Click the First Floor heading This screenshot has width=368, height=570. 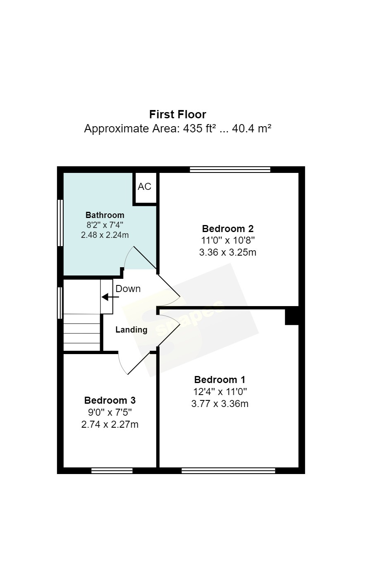click(x=177, y=115)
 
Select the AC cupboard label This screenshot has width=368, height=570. click(x=144, y=187)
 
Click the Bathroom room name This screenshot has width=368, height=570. click(x=105, y=215)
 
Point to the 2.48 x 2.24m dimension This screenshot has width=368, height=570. click(x=105, y=235)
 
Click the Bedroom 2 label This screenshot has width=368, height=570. click(x=227, y=228)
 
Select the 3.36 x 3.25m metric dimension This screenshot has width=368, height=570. click(x=227, y=252)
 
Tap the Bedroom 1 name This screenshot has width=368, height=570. click(x=220, y=380)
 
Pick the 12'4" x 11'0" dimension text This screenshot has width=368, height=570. click(x=220, y=392)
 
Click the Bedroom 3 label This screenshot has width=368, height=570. click(x=110, y=400)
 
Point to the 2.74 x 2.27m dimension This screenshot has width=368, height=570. click(x=110, y=424)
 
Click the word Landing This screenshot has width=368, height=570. click(x=131, y=330)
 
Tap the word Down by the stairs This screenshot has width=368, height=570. click(x=128, y=289)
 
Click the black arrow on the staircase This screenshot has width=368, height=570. click(x=110, y=297)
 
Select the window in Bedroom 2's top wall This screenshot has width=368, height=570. click(x=230, y=170)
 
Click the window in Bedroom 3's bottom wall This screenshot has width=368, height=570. click(x=112, y=471)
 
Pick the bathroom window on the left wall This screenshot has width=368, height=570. click(x=60, y=223)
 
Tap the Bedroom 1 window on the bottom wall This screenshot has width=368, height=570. click(x=228, y=471)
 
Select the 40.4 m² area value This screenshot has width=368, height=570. click(x=251, y=128)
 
